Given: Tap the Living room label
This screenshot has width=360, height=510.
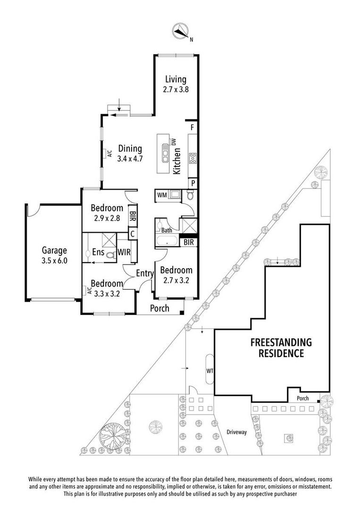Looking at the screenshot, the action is point(176,79).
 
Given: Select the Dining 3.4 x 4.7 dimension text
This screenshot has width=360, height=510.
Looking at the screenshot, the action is point(130,159).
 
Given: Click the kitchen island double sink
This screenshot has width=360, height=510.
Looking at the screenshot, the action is point(166,153).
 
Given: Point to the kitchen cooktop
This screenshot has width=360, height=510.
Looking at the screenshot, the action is point(193,158).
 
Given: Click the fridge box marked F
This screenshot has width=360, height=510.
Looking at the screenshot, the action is point(193,127).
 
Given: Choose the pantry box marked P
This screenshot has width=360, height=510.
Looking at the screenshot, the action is point(193,183).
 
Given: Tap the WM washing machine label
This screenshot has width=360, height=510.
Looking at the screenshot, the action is point(162,195).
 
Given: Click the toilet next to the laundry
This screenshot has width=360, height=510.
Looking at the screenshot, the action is point(190,195).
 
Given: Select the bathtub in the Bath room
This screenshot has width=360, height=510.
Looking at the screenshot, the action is point(167,241).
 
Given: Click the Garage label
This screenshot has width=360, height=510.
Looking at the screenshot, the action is point(54,250).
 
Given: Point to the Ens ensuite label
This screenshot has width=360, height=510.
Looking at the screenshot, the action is point(98,252).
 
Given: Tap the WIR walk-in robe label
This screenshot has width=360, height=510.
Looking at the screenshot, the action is point(124,252).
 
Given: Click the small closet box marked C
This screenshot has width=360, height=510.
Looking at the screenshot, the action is point(133,234).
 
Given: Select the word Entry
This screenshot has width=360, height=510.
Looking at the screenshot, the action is point(144,273).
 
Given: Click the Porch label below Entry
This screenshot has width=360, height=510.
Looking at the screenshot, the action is point(159,308).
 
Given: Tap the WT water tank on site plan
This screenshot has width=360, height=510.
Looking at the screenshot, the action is point(209,371).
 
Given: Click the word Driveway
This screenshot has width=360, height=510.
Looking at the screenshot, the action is point(236,432).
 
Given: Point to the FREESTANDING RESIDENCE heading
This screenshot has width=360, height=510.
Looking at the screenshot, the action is point(281,348).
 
